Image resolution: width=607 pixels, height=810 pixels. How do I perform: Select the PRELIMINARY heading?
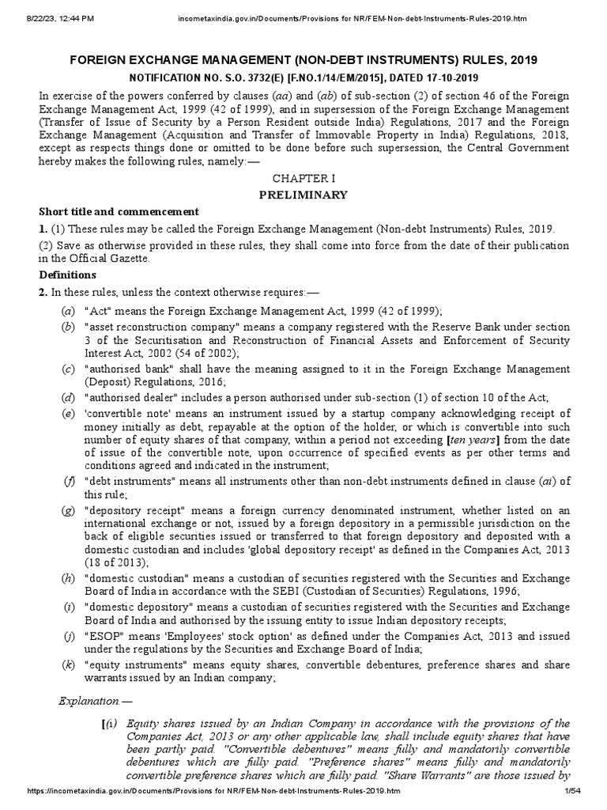pos(303,195)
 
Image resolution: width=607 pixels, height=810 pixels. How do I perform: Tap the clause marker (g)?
pos(70,510)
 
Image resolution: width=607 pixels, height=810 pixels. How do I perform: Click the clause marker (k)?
pos(70,664)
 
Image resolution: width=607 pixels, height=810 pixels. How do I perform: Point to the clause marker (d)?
pos(70,397)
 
